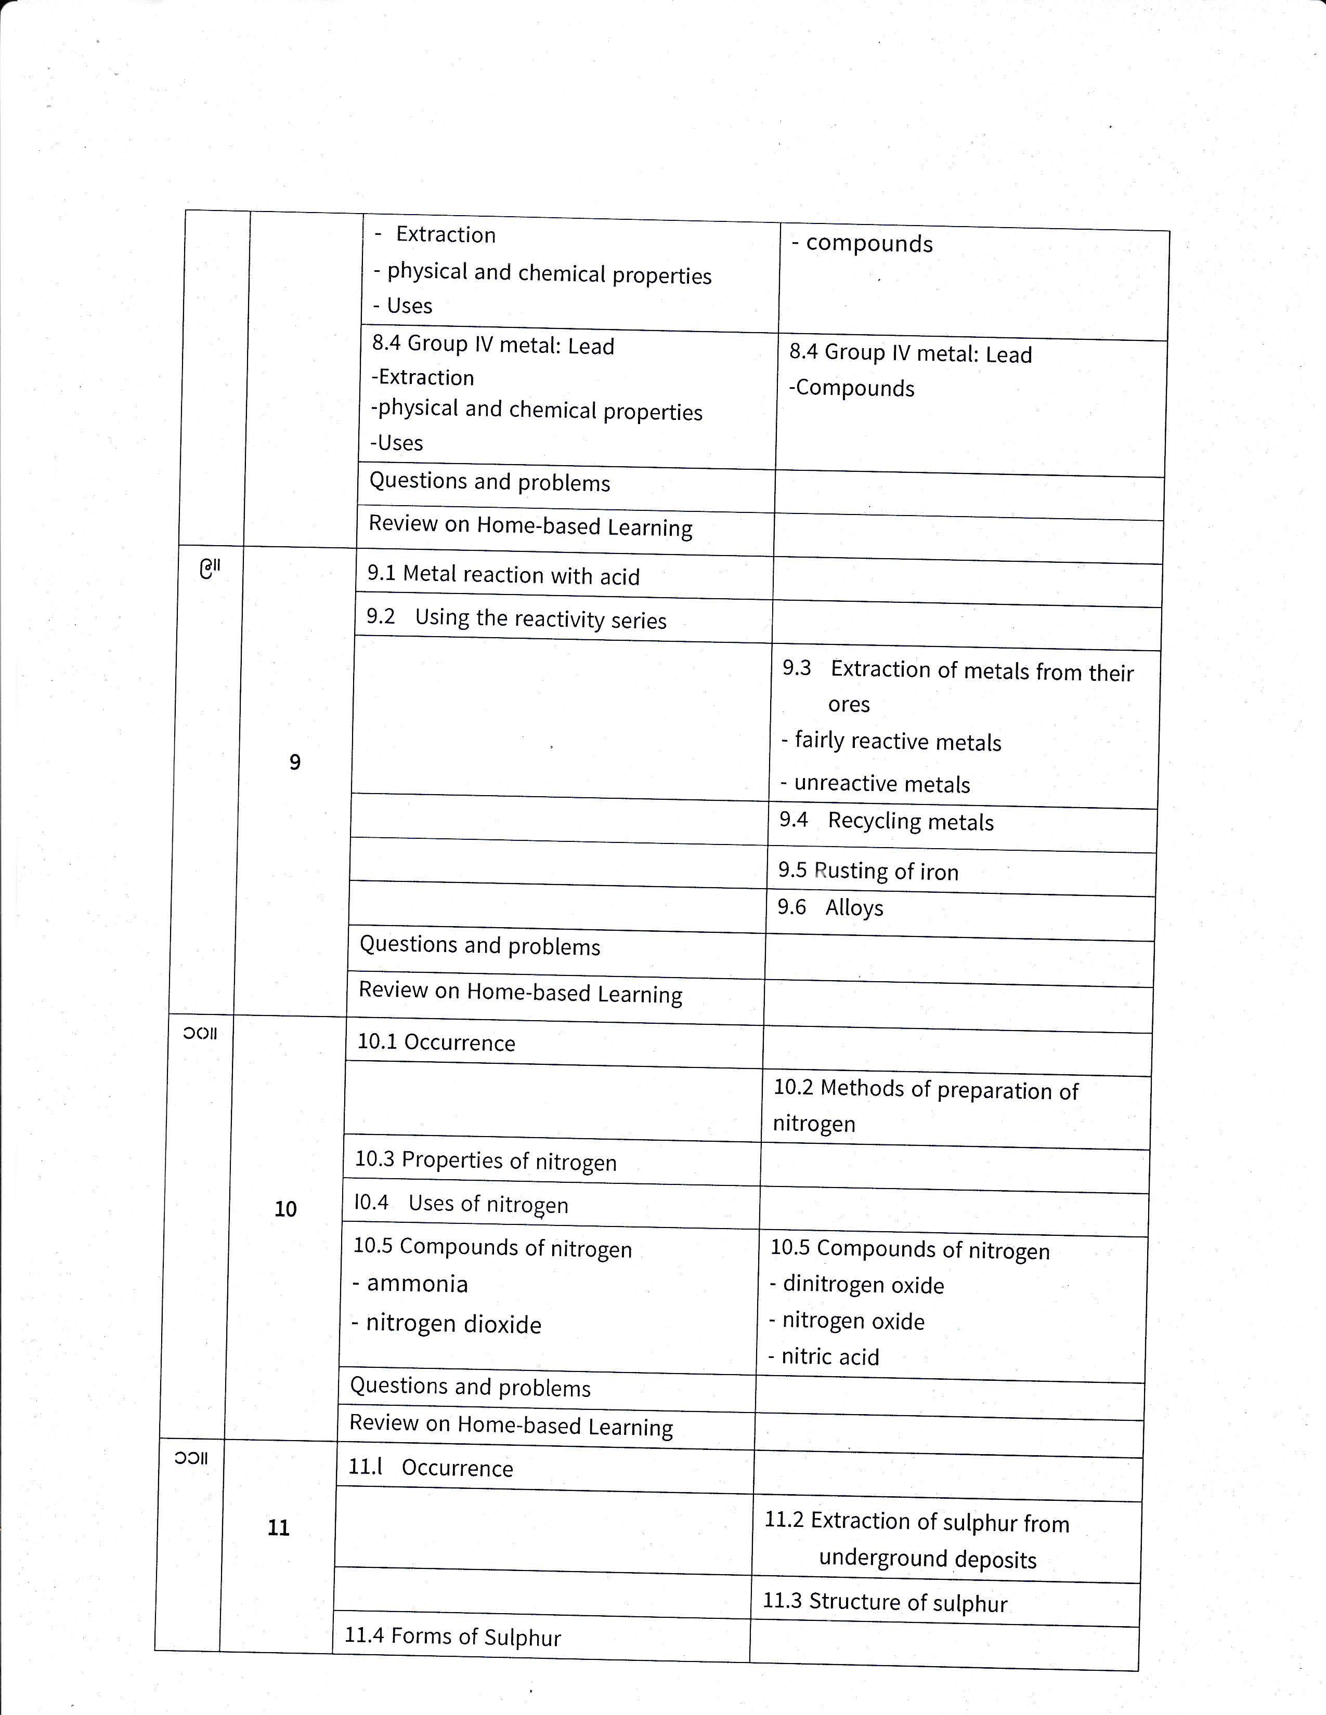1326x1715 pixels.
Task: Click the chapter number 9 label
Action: pos(294,762)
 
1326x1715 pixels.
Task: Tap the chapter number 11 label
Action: pos(279,1527)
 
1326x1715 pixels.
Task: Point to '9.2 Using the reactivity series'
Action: pos(516,619)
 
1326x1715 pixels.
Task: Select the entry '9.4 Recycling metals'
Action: pos(886,821)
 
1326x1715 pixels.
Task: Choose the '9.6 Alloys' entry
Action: pos(830,908)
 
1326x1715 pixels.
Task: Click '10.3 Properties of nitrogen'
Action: pos(486,1160)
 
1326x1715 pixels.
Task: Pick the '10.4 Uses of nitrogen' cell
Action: pos(461,1204)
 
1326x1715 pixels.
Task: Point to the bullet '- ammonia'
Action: pos(410,1284)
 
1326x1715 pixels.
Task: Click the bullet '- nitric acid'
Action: pos(824,1357)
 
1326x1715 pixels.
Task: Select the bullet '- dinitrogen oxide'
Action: pos(856,1285)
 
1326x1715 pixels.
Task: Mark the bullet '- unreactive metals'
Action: pos(875,784)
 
